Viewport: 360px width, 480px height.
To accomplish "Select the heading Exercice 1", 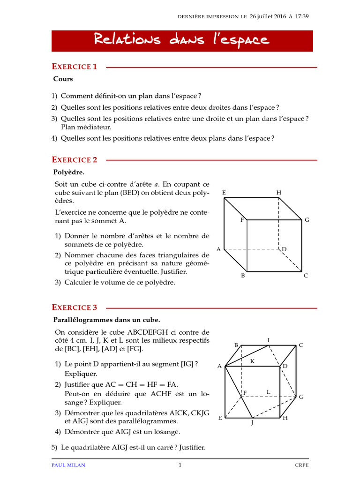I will [x=75, y=67].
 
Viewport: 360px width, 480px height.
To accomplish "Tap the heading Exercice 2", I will [x=75, y=160].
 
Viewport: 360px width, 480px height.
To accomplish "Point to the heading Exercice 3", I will [x=75, y=307].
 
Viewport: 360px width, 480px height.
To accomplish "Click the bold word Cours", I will [x=63, y=79].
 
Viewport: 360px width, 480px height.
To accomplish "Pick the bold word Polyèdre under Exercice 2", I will [x=68, y=172].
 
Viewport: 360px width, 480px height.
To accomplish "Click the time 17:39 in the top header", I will [x=302, y=16].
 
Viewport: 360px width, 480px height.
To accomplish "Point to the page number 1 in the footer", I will [x=180, y=465].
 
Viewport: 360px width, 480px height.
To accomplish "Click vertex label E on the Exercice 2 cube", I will [x=224, y=193].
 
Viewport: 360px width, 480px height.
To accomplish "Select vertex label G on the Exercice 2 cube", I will [x=307, y=220].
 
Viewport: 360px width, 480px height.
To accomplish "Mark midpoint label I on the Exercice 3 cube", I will [x=269, y=339].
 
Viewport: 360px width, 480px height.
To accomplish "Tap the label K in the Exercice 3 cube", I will [x=252, y=361].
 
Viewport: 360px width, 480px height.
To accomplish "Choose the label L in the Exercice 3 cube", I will [x=269, y=391].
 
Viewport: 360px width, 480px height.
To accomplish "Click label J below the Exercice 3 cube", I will [x=252, y=423].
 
